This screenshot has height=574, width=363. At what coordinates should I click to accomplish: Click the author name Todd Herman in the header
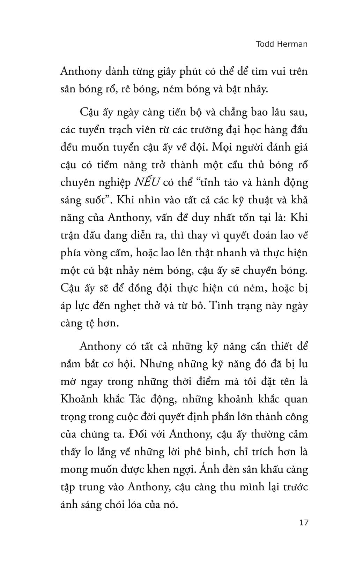(x=282, y=44)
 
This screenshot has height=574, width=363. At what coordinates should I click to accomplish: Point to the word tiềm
(x=108, y=165)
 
